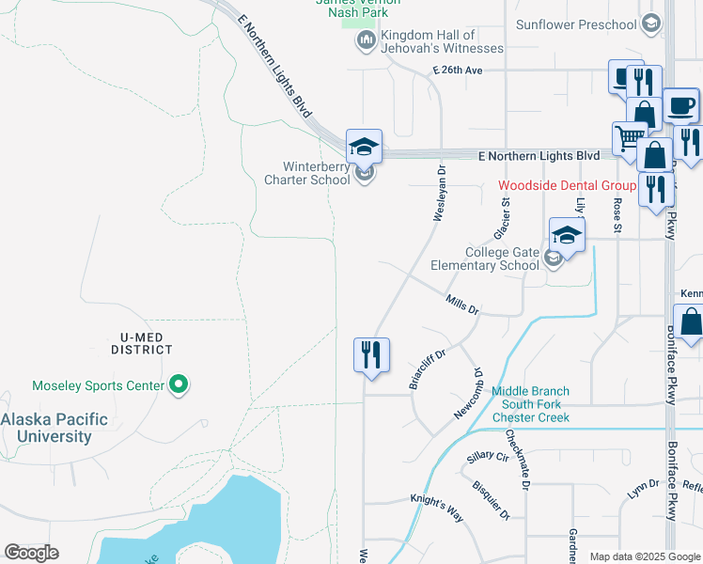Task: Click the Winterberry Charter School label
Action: coord(306,173)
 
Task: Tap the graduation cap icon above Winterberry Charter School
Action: coord(364,148)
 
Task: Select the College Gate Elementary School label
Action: coord(485,258)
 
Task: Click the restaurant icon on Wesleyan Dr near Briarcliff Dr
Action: coord(371,354)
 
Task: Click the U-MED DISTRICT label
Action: coord(140,342)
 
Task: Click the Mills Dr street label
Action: coord(462,305)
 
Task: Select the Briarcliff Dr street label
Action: coord(426,367)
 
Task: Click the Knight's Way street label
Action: coord(437,510)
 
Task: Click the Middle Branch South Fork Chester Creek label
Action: coord(531,404)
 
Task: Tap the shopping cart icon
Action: coord(629,139)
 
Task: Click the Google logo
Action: coord(31,553)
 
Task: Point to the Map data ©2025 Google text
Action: coord(644,556)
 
